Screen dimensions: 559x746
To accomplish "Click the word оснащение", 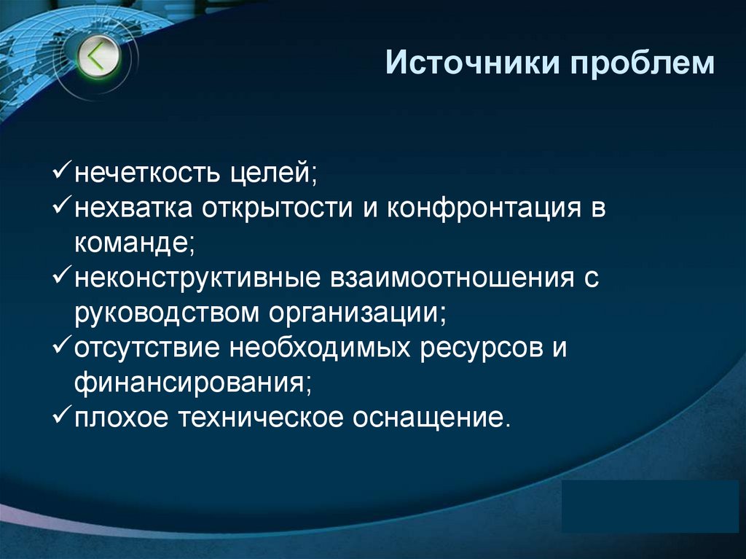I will tap(429, 418).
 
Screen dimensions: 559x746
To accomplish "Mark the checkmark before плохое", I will tap(62, 416).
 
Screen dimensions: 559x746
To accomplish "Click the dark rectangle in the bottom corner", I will tap(651, 507).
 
